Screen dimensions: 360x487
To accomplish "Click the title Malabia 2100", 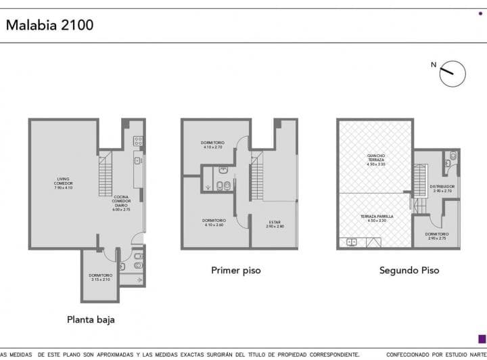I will coord(49,25).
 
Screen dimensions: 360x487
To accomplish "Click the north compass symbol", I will coord(452,73).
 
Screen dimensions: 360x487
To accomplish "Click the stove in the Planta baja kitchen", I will coord(138,141).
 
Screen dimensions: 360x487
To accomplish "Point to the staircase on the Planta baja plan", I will coord(106,175).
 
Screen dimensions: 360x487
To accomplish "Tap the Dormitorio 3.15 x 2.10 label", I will coord(99,277).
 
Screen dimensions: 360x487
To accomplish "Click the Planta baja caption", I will coord(91,319).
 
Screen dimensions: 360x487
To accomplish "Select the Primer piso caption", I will coord(235,270).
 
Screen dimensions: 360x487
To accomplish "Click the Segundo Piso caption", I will coord(409,270).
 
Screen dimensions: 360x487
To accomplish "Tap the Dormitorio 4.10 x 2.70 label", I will coord(212,144).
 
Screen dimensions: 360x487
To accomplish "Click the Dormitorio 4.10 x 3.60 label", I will coord(214,222).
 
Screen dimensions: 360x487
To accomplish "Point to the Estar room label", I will coord(275,223).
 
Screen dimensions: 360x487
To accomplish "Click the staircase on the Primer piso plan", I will coord(257,177).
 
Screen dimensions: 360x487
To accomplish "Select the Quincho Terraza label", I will coord(376,160).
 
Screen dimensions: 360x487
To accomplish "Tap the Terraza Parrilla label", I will coord(376,218).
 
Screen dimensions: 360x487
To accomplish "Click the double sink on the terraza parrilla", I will coord(352,242).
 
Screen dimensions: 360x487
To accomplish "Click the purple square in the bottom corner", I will coord(481,338).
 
